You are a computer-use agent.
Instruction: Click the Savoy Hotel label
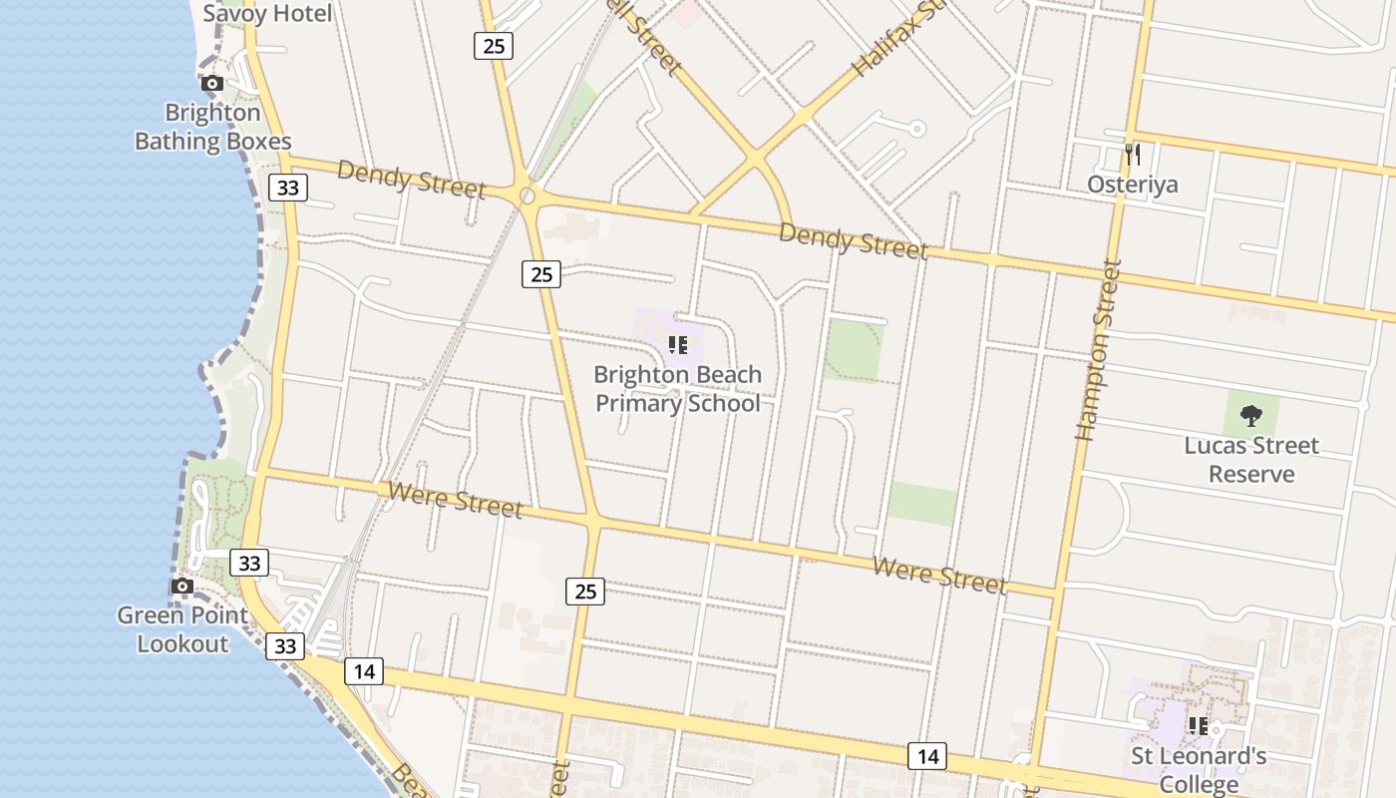[x=267, y=14]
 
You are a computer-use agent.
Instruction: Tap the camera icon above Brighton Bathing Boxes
[x=212, y=84]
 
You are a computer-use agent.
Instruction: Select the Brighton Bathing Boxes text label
[x=212, y=127]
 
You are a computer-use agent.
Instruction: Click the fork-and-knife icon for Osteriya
[x=1132, y=154]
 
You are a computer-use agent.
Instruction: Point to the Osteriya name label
[x=1132, y=185]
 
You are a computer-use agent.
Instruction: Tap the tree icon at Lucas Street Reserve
[x=1250, y=415]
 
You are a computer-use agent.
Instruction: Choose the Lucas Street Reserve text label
[x=1251, y=459]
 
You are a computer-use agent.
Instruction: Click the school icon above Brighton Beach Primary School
[x=678, y=345]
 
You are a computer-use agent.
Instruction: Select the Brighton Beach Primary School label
[x=678, y=389]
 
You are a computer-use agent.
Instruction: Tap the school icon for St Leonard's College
[x=1198, y=725]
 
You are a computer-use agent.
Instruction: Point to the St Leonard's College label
[x=1199, y=769]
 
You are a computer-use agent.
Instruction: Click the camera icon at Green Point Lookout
[x=181, y=586]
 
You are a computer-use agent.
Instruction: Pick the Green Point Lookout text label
[x=182, y=629]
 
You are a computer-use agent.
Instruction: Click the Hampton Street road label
[x=1099, y=349]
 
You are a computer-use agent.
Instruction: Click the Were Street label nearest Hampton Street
[x=939, y=575]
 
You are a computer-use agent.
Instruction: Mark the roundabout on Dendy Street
[x=526, y=195]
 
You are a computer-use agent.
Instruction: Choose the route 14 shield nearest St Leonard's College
[x=927, y=756]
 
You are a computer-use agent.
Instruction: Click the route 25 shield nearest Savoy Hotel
[x=493, y=45]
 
